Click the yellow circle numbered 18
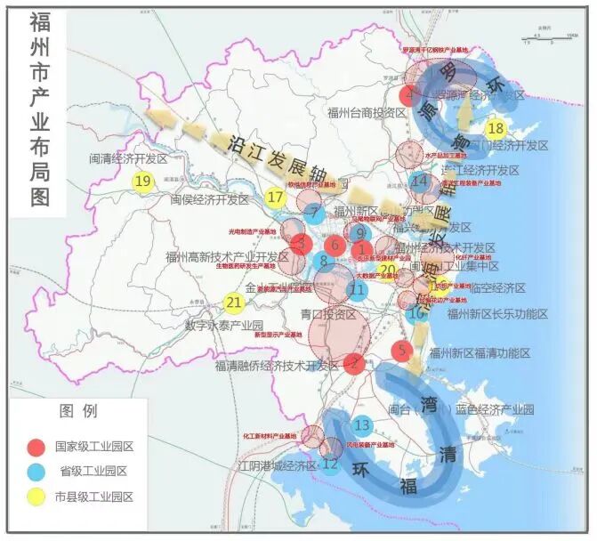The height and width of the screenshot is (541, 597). pyautogui.click(x=496, y=128)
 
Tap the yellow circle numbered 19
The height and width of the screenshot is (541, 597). pyautogui.click(x=142, y=181)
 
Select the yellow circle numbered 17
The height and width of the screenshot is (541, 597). pyautogui.click(x=277, y=197)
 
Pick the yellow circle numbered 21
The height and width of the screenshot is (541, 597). pyautogui.click(x=232, y=303)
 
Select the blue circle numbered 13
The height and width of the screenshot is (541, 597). pyautogui.click(x=362, y=424)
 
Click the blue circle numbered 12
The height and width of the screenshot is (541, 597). pyautogui.click(x=330, y=464)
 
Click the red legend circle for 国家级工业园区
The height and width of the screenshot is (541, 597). pyautogui.click(x=36, y=446)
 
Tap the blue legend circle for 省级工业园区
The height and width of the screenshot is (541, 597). pyautogui.click(x=36, y=472)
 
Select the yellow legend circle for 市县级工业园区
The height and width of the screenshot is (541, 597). pyautogui.click(x=36, y=497)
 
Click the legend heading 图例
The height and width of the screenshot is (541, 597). pyautogui.click(x=77, y=412)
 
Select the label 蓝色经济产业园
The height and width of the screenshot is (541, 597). pyautogui.click(x=494, y=409)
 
